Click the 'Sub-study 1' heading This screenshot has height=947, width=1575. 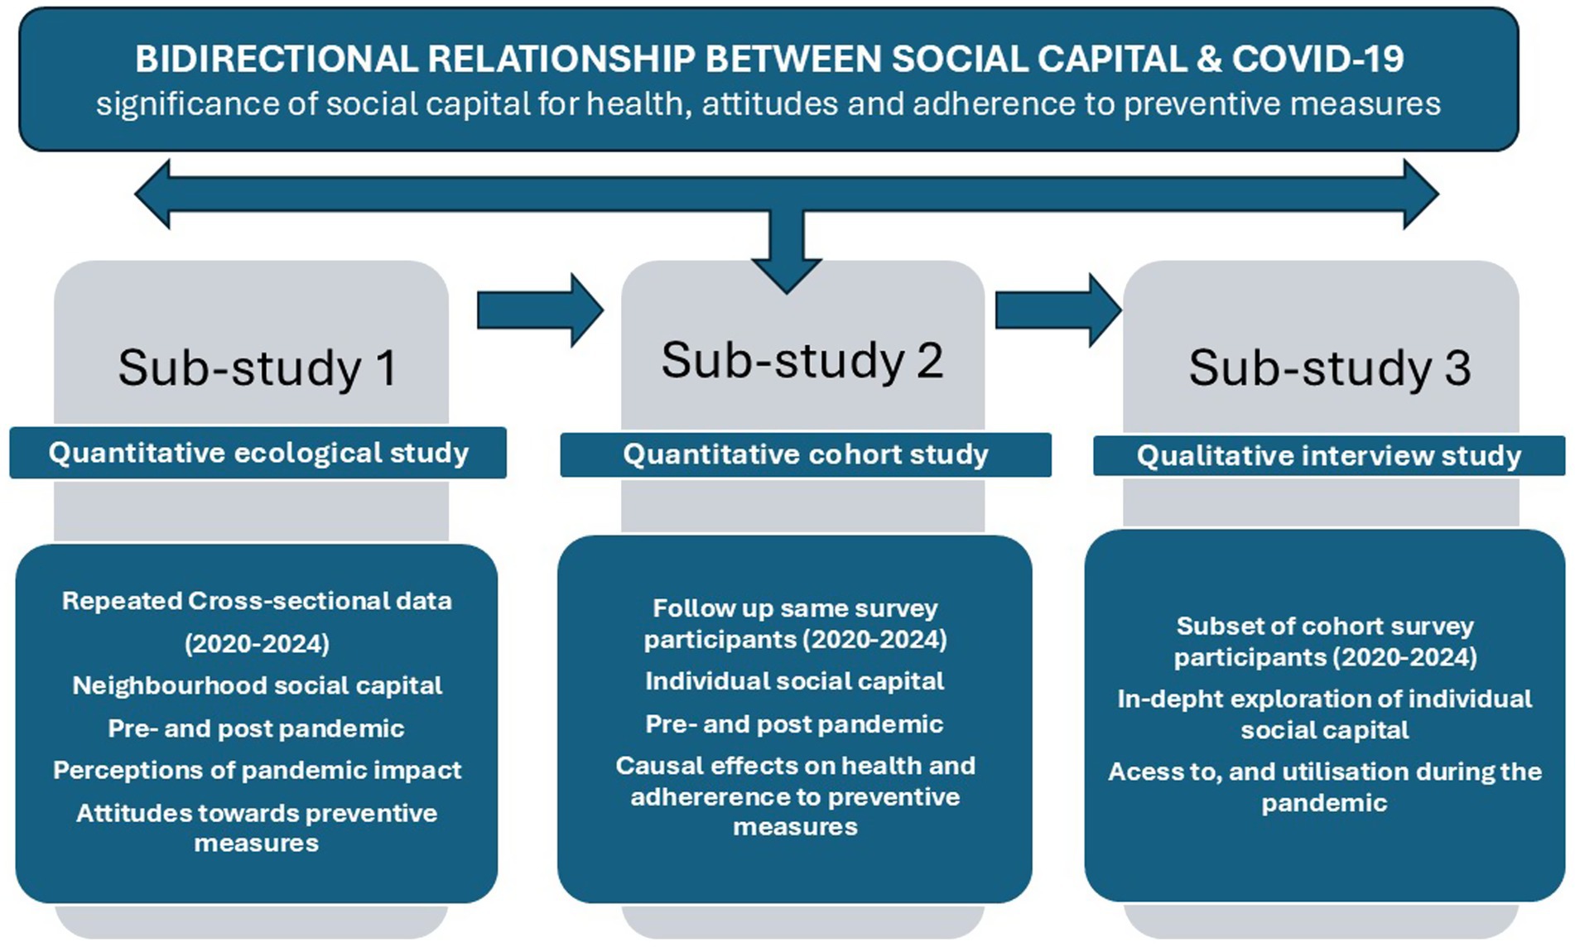coord(258,368)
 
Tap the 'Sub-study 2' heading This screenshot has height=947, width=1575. coord(802,361)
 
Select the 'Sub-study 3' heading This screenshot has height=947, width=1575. coord(1329,368)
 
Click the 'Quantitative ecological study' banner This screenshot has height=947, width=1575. coord(258,453)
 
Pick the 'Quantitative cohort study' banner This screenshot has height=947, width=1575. coord(806,454)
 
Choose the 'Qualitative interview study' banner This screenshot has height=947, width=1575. coord(1328,455)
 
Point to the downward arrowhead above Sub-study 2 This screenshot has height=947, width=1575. coord(787,273)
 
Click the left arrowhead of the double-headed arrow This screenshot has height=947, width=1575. coord(154,195)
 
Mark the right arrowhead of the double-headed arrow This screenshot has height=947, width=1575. coord(1420,195)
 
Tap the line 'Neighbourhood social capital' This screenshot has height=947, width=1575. coord(257,685)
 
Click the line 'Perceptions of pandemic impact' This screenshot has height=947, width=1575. coord(257,771)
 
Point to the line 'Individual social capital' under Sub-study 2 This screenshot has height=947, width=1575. coord(794,681)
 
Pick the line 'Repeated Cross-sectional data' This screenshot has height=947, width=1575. coord(257,601)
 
